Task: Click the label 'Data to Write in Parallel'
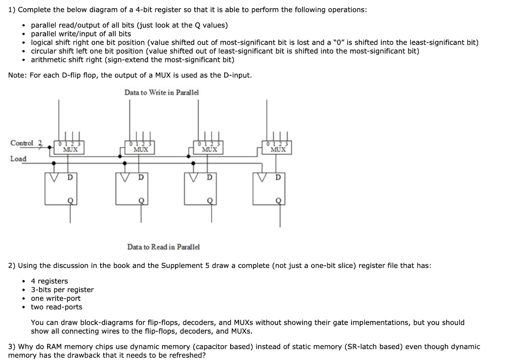click(x=161, y=92)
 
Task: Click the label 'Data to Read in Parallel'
click(x=163, y=247)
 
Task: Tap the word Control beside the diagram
click(x=22, y=143)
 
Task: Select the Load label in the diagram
click(x=18, y=159)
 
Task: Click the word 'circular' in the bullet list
click(x=45, y=51)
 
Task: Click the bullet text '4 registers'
click(x=49, y=281)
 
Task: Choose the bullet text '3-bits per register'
click(x=62, y=290)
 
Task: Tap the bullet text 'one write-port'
click(x=56, y=298)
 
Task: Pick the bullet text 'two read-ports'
click(x=57, y=307)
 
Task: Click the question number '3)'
click(x=12, y=346)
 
